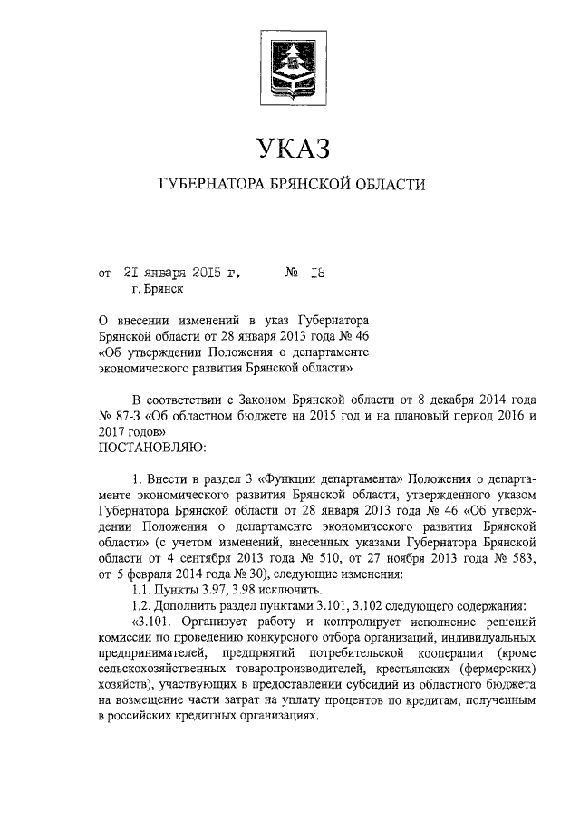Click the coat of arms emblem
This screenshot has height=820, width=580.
pos(290,61)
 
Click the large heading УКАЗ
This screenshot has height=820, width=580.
pos(290,147)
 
